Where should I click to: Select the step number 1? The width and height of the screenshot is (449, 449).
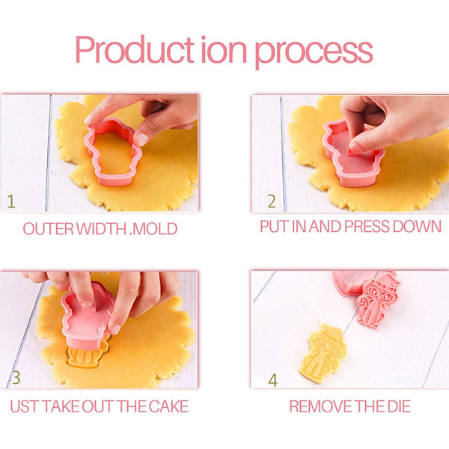pos(11,201)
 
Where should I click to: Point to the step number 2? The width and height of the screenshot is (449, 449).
pos(272,201)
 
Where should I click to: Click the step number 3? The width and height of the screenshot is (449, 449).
pos(16,378)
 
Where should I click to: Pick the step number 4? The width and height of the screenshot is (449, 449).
pos(273,380)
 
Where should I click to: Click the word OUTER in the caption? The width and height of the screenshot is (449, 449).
pos(49,229)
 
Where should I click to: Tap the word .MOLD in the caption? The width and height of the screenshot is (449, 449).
pos(153,229)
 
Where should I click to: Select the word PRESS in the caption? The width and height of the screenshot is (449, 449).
pos(367,227)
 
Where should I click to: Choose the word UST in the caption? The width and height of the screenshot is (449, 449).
pos(24,406)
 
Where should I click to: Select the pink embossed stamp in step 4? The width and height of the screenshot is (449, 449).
pos(377,303)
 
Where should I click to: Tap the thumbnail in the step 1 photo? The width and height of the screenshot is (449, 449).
pos(141,139)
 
